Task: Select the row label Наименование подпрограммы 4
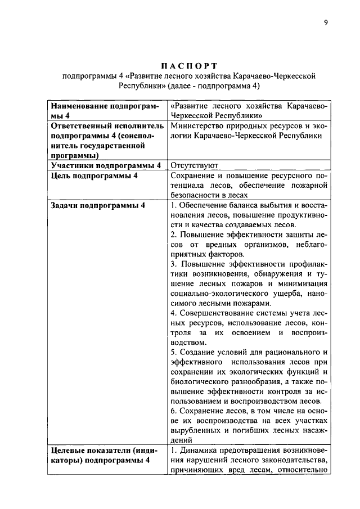tap(105, 110)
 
